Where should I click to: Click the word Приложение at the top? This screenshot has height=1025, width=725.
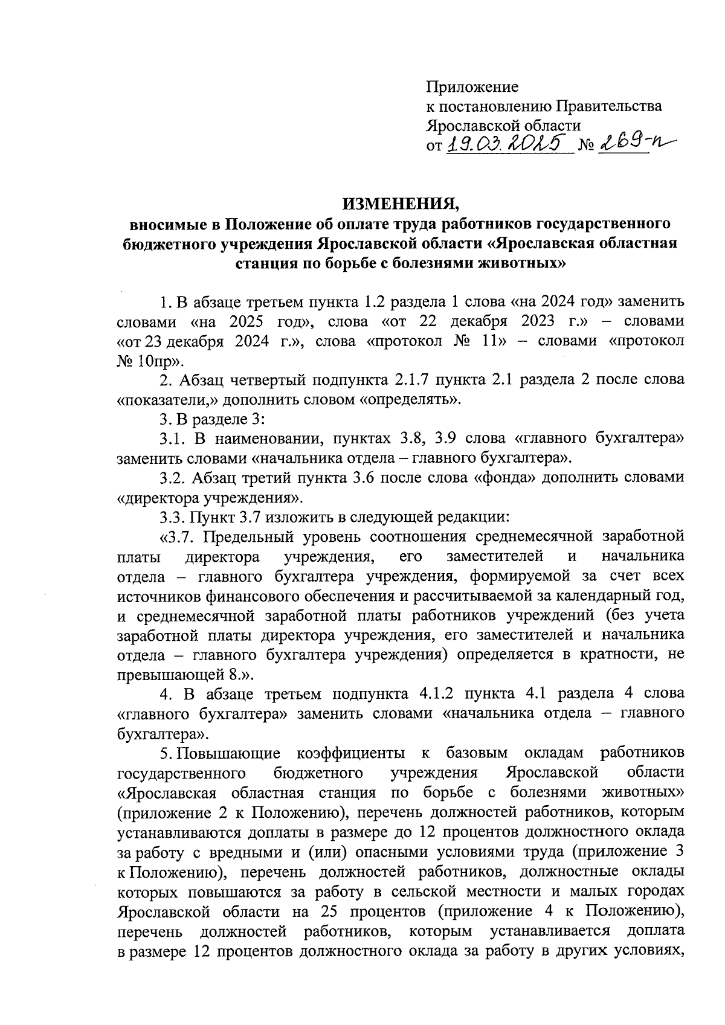coord(472,87)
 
